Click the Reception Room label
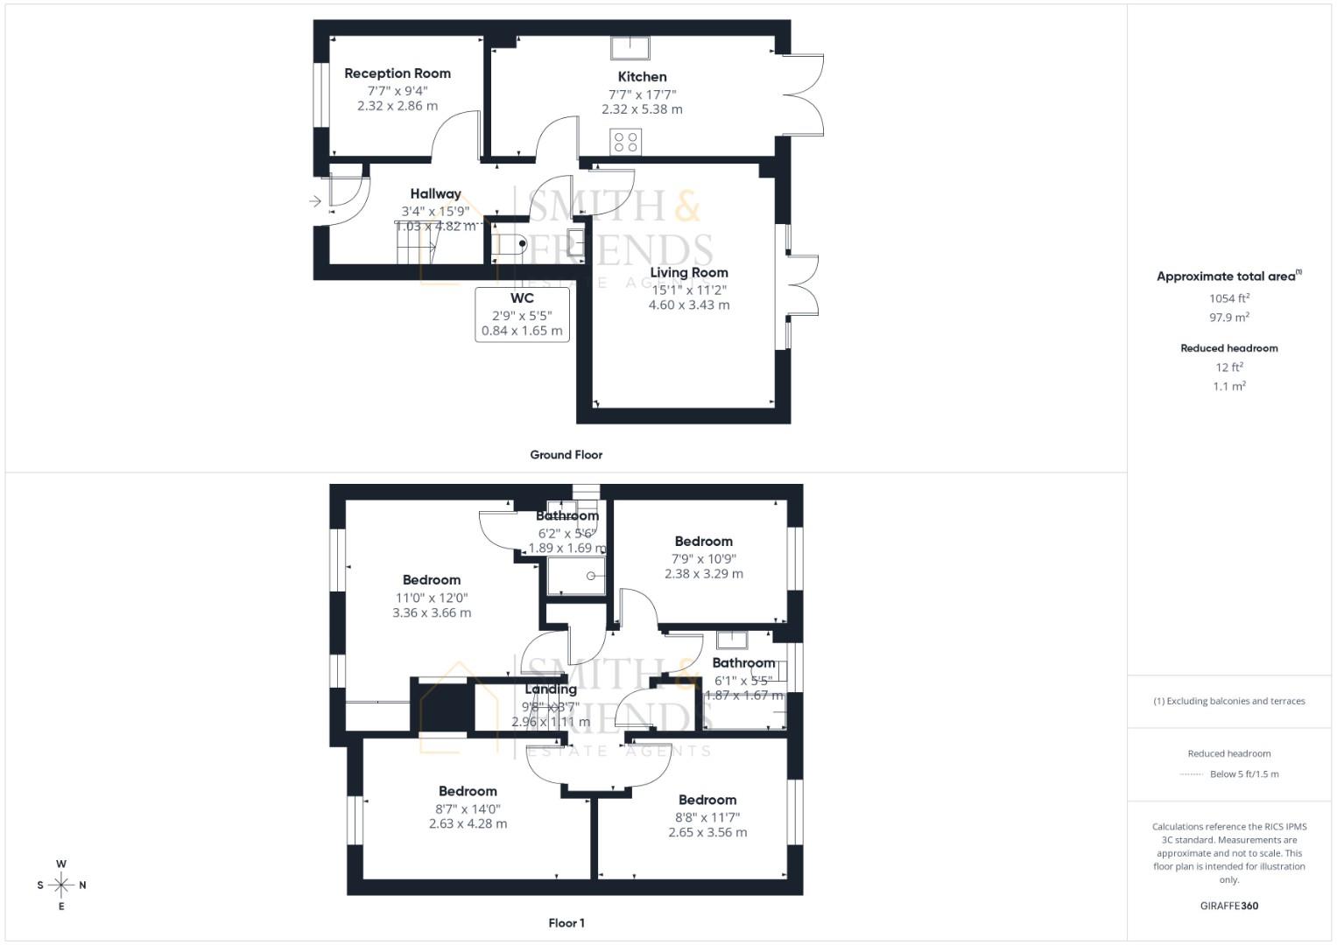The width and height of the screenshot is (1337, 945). tap(398, 73)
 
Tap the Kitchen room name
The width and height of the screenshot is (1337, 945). tap(642, 77)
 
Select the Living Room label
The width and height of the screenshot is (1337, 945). tap(689, 272)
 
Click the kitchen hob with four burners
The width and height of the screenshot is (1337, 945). tap(626, 142)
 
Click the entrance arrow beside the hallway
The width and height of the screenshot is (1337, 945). tap(315, 202)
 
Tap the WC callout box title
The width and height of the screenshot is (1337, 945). tap(522, 298)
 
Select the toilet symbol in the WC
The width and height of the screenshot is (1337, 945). tap(513, 243)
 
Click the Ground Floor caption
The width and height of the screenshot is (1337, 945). tap(566, 455)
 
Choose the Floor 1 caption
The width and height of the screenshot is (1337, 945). tap(566, 923)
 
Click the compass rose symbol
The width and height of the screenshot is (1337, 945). tap(61, 885)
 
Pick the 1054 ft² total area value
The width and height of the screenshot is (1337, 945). tap(1229, 298)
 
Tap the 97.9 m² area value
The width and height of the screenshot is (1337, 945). tap(1229, 318)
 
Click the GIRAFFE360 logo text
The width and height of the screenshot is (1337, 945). tap(1228, 906)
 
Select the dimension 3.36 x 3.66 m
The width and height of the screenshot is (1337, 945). tap(432, 613)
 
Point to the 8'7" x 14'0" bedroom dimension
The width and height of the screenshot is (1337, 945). tap(468, 809)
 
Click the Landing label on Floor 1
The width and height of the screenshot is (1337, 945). tap(551, 689)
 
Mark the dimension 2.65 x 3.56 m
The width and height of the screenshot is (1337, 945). tap(707, 833)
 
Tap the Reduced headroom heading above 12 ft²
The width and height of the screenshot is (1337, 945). tap(1228, 348)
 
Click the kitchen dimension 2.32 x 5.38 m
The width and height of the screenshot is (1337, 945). tap(642, 110)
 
